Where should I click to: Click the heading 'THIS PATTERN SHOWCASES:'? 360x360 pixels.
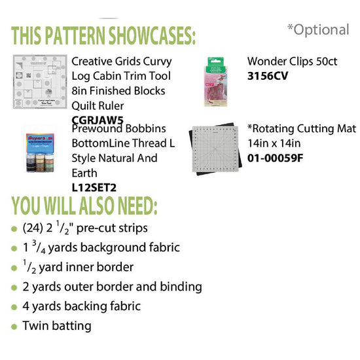click(104, 33)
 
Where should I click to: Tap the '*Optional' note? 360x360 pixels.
click(318, 29)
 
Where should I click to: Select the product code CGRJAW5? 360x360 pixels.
click(98, 119)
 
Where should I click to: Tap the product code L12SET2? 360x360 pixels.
click(94, 187)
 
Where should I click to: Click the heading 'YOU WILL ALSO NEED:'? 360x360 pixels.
click(84, 206)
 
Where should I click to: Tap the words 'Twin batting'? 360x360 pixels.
click(57, 325)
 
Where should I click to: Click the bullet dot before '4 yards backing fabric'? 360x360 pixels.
click(15, 306)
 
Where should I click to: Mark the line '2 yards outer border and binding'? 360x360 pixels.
click(112, 287)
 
